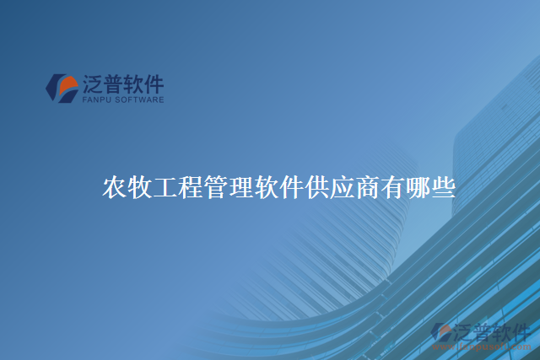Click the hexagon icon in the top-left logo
(62, 88)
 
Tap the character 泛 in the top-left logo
(92, 84)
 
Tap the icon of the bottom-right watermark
(441, 334)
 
